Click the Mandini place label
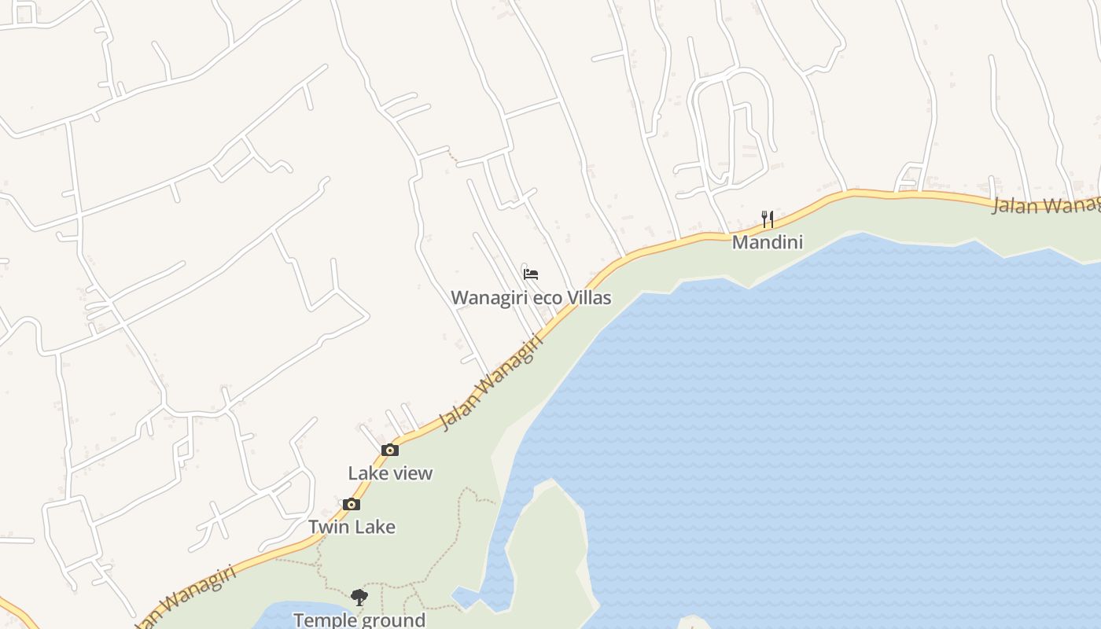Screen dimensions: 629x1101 point(768,242)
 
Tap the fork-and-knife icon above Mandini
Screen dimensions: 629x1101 point(768,219)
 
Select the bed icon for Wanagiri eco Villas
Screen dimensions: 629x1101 point(531,274)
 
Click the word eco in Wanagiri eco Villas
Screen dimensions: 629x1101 point(551,299)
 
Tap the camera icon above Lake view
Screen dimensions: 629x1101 point(390,451)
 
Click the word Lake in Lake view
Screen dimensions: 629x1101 point(368,473)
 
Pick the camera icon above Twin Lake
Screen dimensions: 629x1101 point(352,505)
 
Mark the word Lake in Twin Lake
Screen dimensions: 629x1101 point(374,527)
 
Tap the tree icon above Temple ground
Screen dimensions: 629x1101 point(359,598)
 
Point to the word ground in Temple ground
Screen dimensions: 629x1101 point(393,620)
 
